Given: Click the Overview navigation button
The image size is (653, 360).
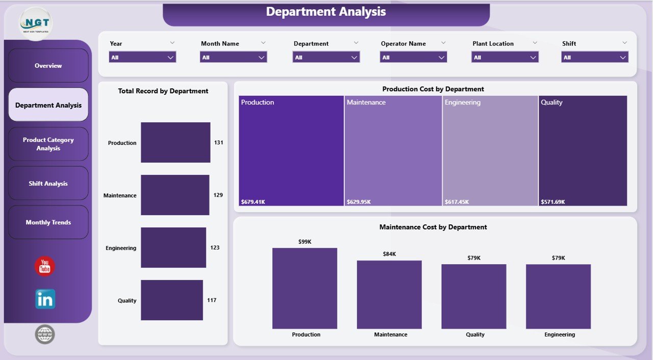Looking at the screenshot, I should click(48, 66).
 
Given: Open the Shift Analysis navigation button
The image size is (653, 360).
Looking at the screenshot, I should click(48, 184).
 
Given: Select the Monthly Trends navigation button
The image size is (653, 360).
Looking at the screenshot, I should click(48, 222).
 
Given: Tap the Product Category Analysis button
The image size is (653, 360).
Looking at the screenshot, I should click(48, 144).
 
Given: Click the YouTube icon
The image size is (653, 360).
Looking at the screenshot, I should click(45, 267).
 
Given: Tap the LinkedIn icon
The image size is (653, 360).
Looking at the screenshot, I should click(45, 299).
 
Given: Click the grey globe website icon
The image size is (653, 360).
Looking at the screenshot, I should click(45, 335).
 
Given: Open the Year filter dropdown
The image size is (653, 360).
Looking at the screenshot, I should click(142, 58).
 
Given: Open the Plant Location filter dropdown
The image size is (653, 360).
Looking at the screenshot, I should click(505, 58).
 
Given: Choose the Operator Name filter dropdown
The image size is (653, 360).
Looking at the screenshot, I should click(413, 58).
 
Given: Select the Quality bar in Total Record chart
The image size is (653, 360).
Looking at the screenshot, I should click(172, 300).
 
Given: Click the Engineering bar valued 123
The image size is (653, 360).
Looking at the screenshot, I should click(173, 248).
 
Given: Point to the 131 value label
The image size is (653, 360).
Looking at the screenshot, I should click(219, 143).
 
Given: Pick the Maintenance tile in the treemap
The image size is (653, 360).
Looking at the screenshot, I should click(393, 151).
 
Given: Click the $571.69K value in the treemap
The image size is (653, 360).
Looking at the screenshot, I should click(552, 202).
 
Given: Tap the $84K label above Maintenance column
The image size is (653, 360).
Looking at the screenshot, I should click(389, 254).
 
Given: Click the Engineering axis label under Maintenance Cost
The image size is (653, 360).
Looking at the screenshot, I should click(559, 335).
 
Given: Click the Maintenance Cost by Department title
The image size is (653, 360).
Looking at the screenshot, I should click(433, 227).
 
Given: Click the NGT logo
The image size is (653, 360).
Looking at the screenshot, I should click(36, 23).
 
